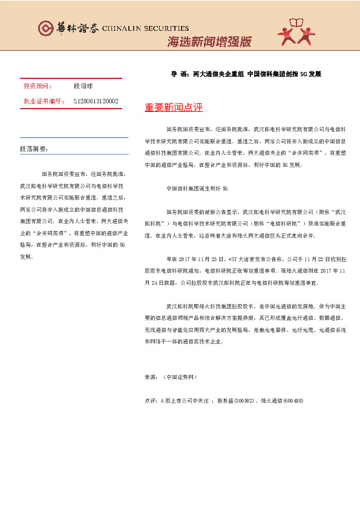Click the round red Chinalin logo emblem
(45, 28)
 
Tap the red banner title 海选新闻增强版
(209, 42)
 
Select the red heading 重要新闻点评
(174, 108)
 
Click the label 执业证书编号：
(43, 101)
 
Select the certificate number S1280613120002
(96, 101)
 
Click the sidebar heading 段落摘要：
(34, 149)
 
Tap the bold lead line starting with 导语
(246, 74)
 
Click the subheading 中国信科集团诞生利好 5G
(197, 188)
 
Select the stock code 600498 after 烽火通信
(292, 401)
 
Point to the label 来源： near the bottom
(151, 377)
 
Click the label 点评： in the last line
(151, 401)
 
